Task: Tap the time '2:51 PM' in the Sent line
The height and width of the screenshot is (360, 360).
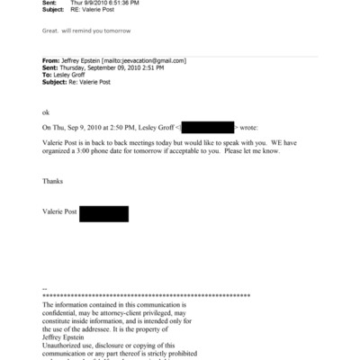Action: [x=149, y=67]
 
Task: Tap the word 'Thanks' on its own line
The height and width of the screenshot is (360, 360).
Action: [x=53, y=182]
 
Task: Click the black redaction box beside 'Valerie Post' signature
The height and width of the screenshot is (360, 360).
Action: [x=103, y=213]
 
